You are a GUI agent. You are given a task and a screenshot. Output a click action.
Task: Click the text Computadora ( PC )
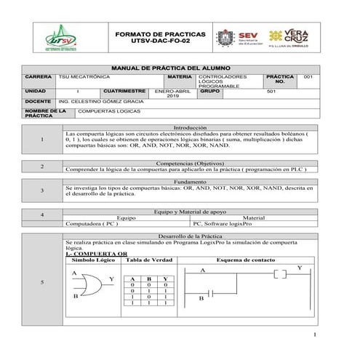point(92,224)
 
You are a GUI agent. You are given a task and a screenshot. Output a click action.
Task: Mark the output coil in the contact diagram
point(282,273)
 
